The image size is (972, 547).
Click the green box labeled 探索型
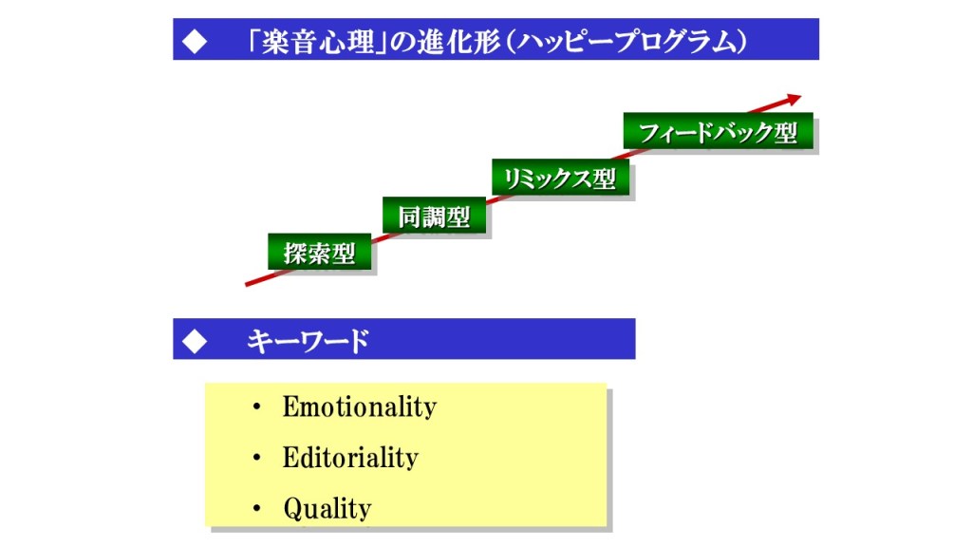point(319,252)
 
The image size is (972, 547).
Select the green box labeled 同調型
point(434,216)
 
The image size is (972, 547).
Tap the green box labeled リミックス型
point(560,178)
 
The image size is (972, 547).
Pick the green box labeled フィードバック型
point(718,131)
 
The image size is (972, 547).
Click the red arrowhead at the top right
point(794,98)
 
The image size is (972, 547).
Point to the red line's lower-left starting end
point(247,285)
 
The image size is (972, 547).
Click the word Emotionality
point(360,406)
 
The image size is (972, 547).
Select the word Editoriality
point(350,458)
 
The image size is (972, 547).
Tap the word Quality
point(327,509)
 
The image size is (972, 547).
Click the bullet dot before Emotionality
point(256,407)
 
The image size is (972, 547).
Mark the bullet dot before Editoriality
point(256,458)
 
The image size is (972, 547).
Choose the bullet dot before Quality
point(256,509)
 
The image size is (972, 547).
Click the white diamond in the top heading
point(195,42)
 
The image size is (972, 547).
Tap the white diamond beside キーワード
point(195,341)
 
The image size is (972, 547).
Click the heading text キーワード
point(308,341)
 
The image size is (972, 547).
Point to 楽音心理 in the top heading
point(318,42)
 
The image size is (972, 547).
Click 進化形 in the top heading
point(458,42)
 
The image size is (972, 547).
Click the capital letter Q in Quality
point(292,509)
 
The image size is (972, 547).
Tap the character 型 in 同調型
point(458,217)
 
